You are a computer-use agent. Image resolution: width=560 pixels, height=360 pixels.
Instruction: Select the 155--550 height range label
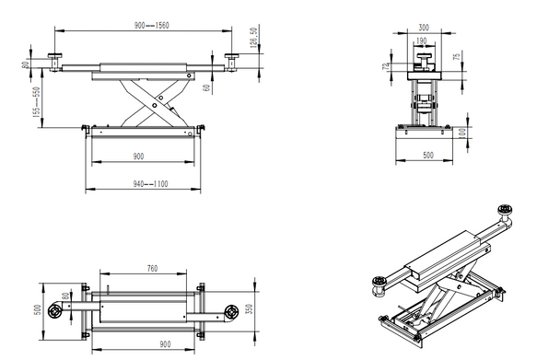38,101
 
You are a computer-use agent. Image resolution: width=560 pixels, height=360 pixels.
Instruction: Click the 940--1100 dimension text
145,185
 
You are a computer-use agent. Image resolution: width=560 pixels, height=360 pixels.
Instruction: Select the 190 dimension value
421,41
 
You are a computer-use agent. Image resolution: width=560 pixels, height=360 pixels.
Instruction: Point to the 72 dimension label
385,66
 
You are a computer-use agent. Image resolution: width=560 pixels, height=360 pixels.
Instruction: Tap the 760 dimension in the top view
153,269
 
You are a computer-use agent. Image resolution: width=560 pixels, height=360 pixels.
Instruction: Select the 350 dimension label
251,308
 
